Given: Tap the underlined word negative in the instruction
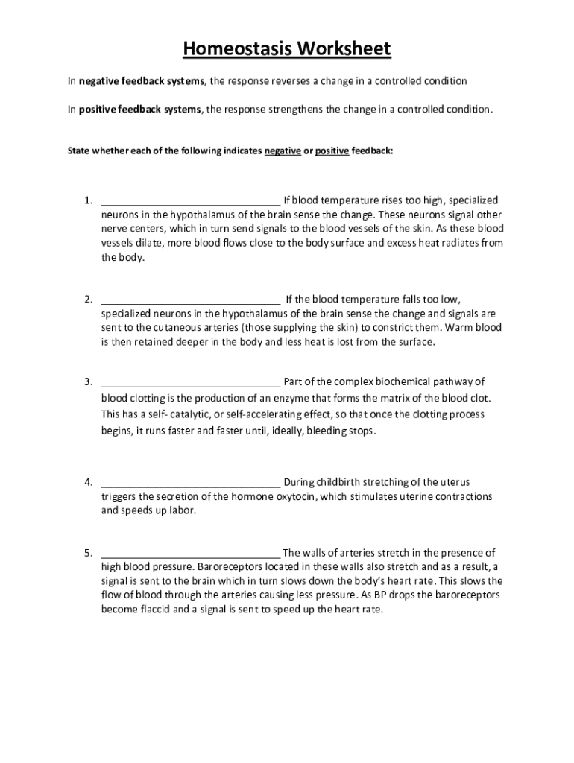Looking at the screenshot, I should pos(283,151).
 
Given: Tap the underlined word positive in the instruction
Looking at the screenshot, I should pos(332,151).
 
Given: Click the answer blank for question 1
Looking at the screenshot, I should pos(191,200).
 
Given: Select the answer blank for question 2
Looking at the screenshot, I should pos(191,300).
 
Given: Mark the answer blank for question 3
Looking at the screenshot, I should pos(191,382).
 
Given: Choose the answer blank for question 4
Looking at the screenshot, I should pos(191,482).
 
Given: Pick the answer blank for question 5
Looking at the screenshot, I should pos(191,553).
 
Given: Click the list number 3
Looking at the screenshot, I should pos(88,382).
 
